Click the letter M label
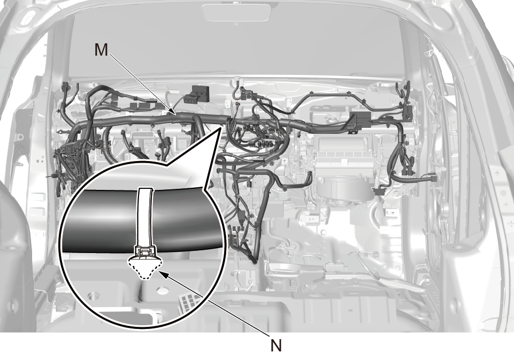[101, 50]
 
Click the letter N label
[277, 345]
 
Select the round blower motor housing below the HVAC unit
[344, 194]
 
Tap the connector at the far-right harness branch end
[433, 178]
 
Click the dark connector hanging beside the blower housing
[378, 192]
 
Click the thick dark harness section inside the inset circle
[141, 220]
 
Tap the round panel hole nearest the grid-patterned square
[160, 290]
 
